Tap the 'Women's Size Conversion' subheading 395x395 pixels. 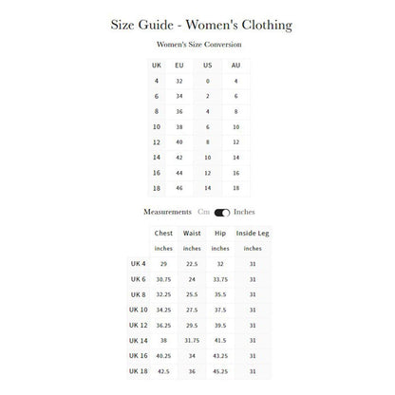coord(197,45)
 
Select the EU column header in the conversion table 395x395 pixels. coord(180,66)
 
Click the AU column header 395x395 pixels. coord(236,66)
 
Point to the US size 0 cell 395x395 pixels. coord(208,82)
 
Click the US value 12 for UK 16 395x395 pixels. coord(208,174)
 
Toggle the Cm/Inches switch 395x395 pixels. coord(222,213)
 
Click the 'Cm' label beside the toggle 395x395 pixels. coord(203,213)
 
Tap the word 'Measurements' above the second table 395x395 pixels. coord(166,213)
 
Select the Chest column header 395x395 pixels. coord(163,232)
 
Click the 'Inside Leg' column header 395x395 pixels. coord(253,232)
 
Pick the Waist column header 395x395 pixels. coord(192,232)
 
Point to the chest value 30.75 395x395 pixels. coord(163,278)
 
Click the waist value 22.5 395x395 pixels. coord(192,264)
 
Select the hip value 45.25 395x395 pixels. coord(221,369)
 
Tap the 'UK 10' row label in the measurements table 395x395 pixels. coord(139,309)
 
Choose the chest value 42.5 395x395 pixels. coord(163,369)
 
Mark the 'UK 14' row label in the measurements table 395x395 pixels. coord(139,339)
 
